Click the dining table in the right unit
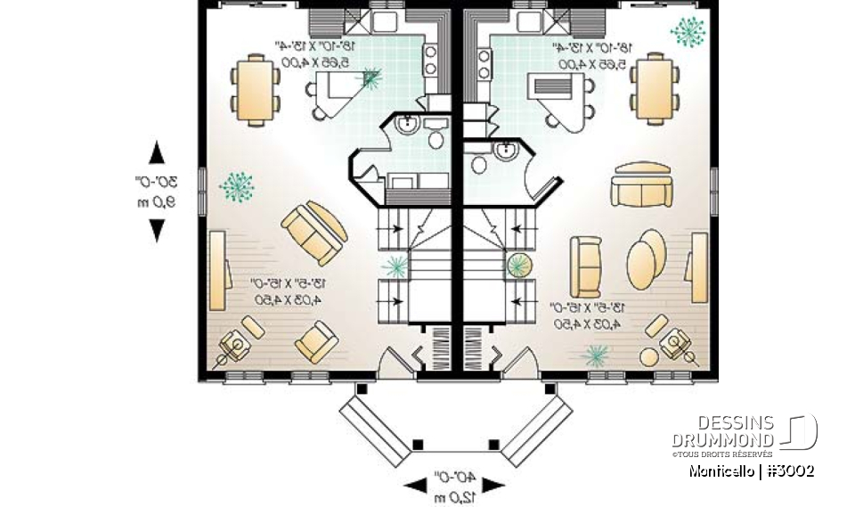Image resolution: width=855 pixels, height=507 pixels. pyautogui.click(x=655, y=88)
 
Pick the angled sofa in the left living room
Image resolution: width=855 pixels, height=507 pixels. pyautogui.click(x=313, y=231)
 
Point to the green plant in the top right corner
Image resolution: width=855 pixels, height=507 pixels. pyautogui.click(x=688, y=32)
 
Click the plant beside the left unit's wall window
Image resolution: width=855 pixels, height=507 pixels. pyautogui.click(x=237, y=185)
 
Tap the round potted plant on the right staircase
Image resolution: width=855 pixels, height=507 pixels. pyautogui.click(x=517, y=265)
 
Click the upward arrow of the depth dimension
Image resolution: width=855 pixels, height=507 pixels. pyautogui.click(x=157, y=152)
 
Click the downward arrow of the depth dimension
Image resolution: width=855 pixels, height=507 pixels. pyautogui.click(x=157, y=231)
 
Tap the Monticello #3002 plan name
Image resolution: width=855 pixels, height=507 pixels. pyautogui.click(x=750, y=470)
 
